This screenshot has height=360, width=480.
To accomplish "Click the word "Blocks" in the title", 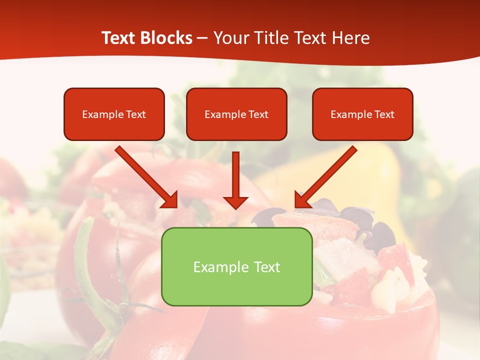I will tap(166, 38).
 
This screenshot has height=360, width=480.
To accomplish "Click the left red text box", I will tap(114, 114).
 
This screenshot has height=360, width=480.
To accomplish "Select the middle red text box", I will tap(236, 114).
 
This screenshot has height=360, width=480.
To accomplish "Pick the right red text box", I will tap(362, 114).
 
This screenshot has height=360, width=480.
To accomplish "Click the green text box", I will tap(236, 266).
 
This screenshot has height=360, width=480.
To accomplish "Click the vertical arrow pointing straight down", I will tap(235, 175).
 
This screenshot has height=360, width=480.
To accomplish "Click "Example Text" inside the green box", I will tap(236, 267).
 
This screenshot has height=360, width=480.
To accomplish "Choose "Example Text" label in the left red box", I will tap(114, 114).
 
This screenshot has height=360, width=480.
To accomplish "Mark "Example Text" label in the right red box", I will tap(362, 114).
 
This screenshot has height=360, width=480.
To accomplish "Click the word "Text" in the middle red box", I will tap(258, 114).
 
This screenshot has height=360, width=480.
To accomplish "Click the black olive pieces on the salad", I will tap(380, 235).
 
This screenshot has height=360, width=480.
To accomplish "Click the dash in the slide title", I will tap(202, 38).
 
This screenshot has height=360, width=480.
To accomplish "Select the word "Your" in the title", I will tap(229, 38).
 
